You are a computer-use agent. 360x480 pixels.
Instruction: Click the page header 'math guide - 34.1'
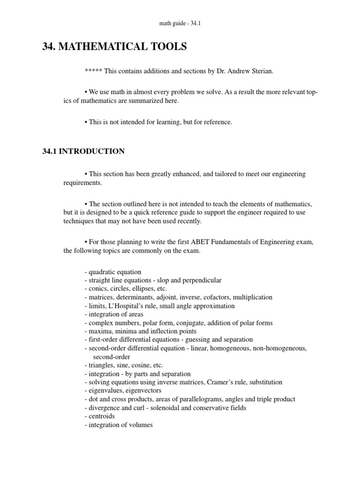[180, 23]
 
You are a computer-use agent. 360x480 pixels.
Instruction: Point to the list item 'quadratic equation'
[114, 272]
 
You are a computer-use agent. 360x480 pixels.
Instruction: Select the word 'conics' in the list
[97, 289]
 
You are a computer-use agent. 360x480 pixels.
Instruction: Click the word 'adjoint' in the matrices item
[169, 297]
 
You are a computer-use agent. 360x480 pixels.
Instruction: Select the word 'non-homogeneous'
[281, 348]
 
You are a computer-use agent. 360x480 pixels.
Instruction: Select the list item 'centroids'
[101, 416]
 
